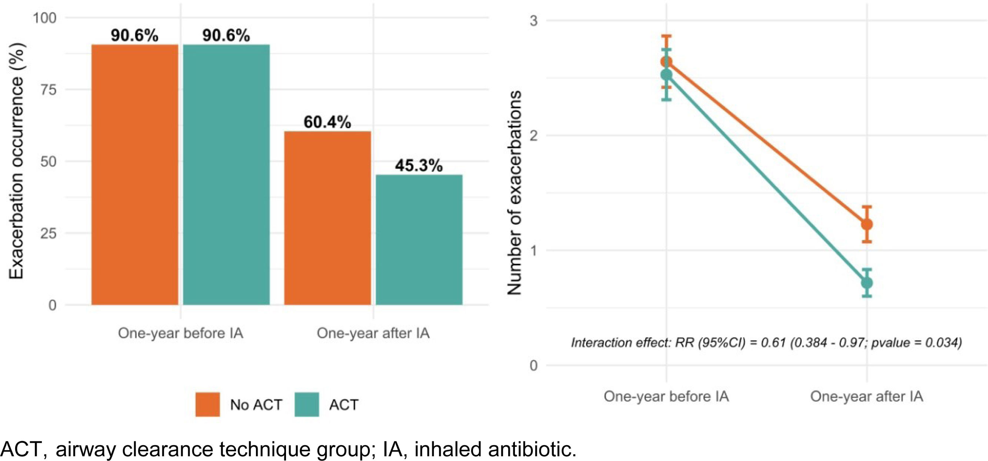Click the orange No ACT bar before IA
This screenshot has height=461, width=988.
(134, 175)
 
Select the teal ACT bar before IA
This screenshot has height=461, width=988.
(226, 175)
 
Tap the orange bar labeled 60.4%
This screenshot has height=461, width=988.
(327, 218)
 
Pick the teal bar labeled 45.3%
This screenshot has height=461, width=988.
(419, 240)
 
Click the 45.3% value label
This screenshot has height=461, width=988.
(419, 166)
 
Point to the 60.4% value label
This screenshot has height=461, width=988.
(327, 122)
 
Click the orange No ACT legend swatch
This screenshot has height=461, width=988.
(207, 404)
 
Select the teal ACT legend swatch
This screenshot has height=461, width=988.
(307, 404)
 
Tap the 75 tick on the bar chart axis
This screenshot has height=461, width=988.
(48, 90)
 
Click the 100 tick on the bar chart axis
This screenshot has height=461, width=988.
(44, 18)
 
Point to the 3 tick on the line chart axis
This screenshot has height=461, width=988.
(533, 20)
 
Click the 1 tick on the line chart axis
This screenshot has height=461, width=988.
(533, 250)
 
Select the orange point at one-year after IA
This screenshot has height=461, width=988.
(867, 224)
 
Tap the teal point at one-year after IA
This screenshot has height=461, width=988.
(867, 283)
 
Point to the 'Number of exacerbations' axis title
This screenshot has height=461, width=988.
(514, 193)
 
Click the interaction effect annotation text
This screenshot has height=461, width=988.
(766, 342)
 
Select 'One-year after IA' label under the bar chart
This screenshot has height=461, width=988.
(373, 333)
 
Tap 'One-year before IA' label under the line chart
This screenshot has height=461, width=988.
(666, 396)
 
